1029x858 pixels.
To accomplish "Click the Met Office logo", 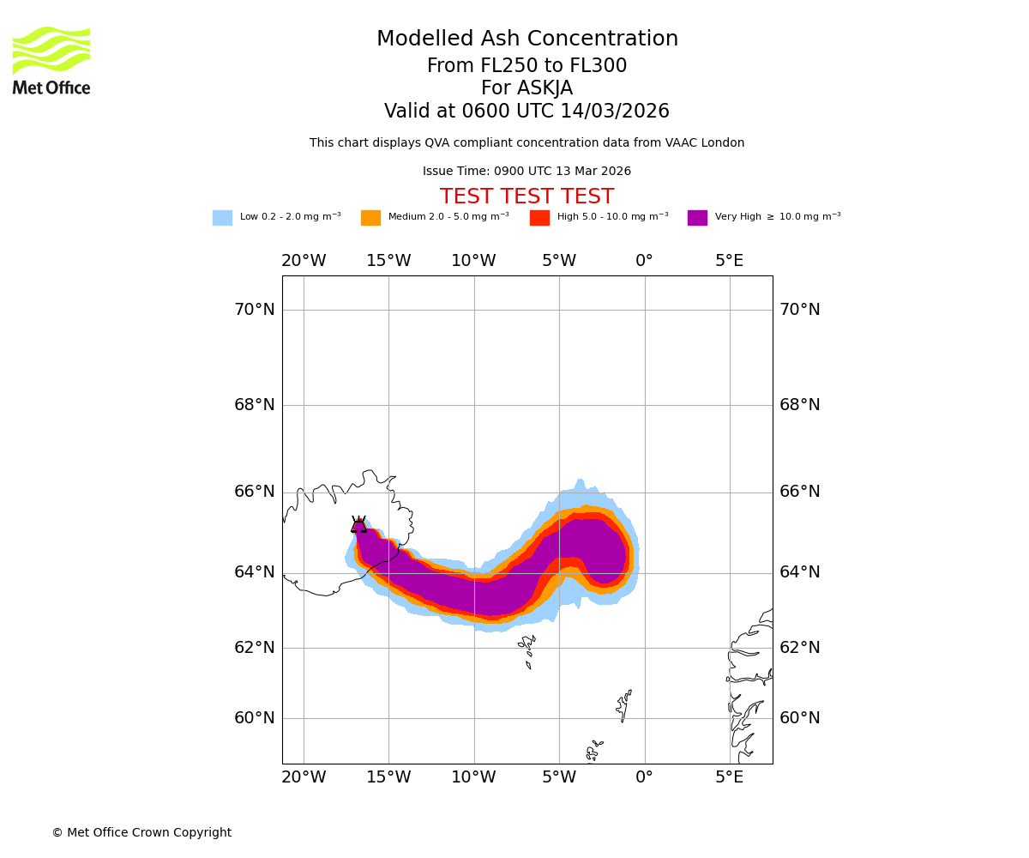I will point(51,60).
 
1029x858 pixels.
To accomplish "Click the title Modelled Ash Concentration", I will point(527,39).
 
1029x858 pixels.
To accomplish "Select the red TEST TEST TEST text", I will point(527,197).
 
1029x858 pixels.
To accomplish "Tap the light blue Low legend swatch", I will point(222,218).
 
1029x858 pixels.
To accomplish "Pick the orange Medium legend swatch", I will point(370,218).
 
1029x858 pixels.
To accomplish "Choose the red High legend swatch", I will point(539,218).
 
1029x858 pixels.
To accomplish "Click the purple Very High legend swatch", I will point(697,218).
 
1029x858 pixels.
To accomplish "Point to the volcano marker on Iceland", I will point(358,525).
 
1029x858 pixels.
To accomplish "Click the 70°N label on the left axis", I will point(255,310).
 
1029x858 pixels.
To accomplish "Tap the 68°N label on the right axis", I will point(799,405).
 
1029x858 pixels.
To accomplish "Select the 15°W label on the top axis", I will point(388,261).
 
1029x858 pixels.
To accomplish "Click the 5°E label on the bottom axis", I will point(730,777).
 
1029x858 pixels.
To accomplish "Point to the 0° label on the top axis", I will point(644,261).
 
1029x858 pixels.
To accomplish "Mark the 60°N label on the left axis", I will point(255,718).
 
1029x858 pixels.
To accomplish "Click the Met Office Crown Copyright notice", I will point(141,833).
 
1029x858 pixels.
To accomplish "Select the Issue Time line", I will point(527,172).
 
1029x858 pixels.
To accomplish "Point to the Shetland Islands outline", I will point(623,705).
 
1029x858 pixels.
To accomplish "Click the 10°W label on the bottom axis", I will point(473,777).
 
